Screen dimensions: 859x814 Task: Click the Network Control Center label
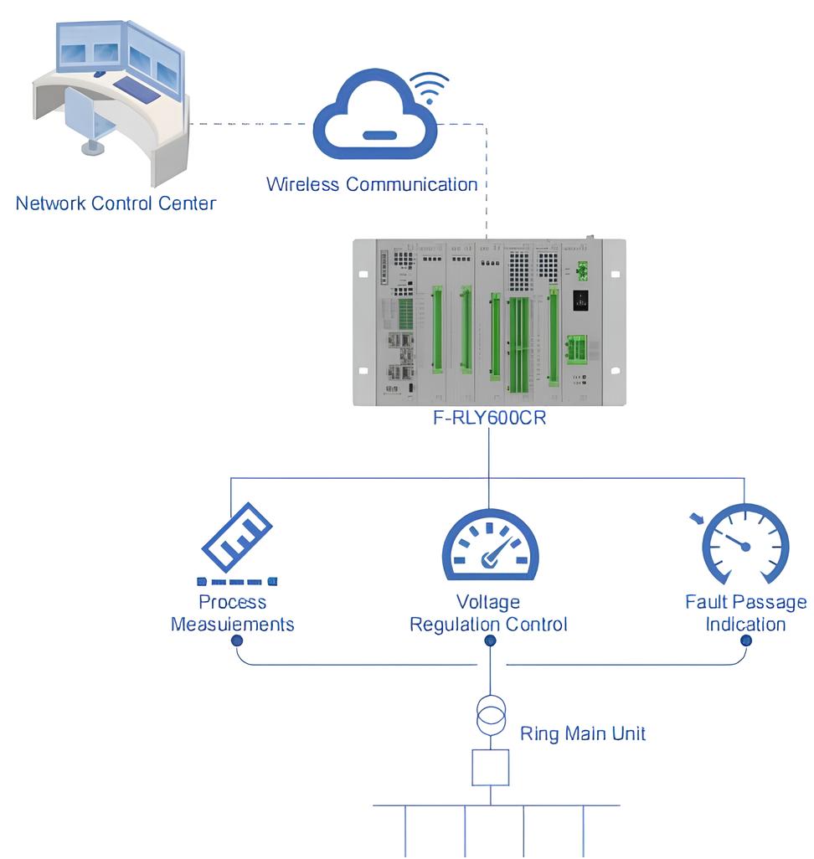pyautogui.click(x=116, y=203)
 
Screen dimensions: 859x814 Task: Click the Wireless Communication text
pyautogui.click(x=372, y=184)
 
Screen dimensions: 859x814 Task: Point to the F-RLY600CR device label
pyautogui.click(x=489, y=418)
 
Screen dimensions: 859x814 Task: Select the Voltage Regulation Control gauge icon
pyautogui.click(x=490, y=547)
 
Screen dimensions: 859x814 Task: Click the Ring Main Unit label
pyautogui.click(x=583, y=734)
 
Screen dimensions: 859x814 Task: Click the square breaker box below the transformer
pyautogui.click(x=490, y=768)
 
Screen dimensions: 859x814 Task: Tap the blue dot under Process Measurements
pyautogui.click(x=237, y=640)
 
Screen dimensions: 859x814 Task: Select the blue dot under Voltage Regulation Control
pyautogui.click(x=490, y=640)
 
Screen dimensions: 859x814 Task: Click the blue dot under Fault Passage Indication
pyautogui.click(x=745, y=640)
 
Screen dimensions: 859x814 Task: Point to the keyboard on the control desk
pyautogui.click(x=137, y=86)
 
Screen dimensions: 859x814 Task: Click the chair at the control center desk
pyautogui.click(x=90, y=121)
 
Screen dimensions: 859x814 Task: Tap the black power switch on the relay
pyautogui.click(x=580, y=301)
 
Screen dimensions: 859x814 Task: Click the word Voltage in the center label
pyautogui.click(x=488, y=602)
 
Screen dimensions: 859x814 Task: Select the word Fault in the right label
pyautogui.click(x=706, y=602)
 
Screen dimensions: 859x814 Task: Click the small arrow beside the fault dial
pyautogui.click(x=696, y=520)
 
